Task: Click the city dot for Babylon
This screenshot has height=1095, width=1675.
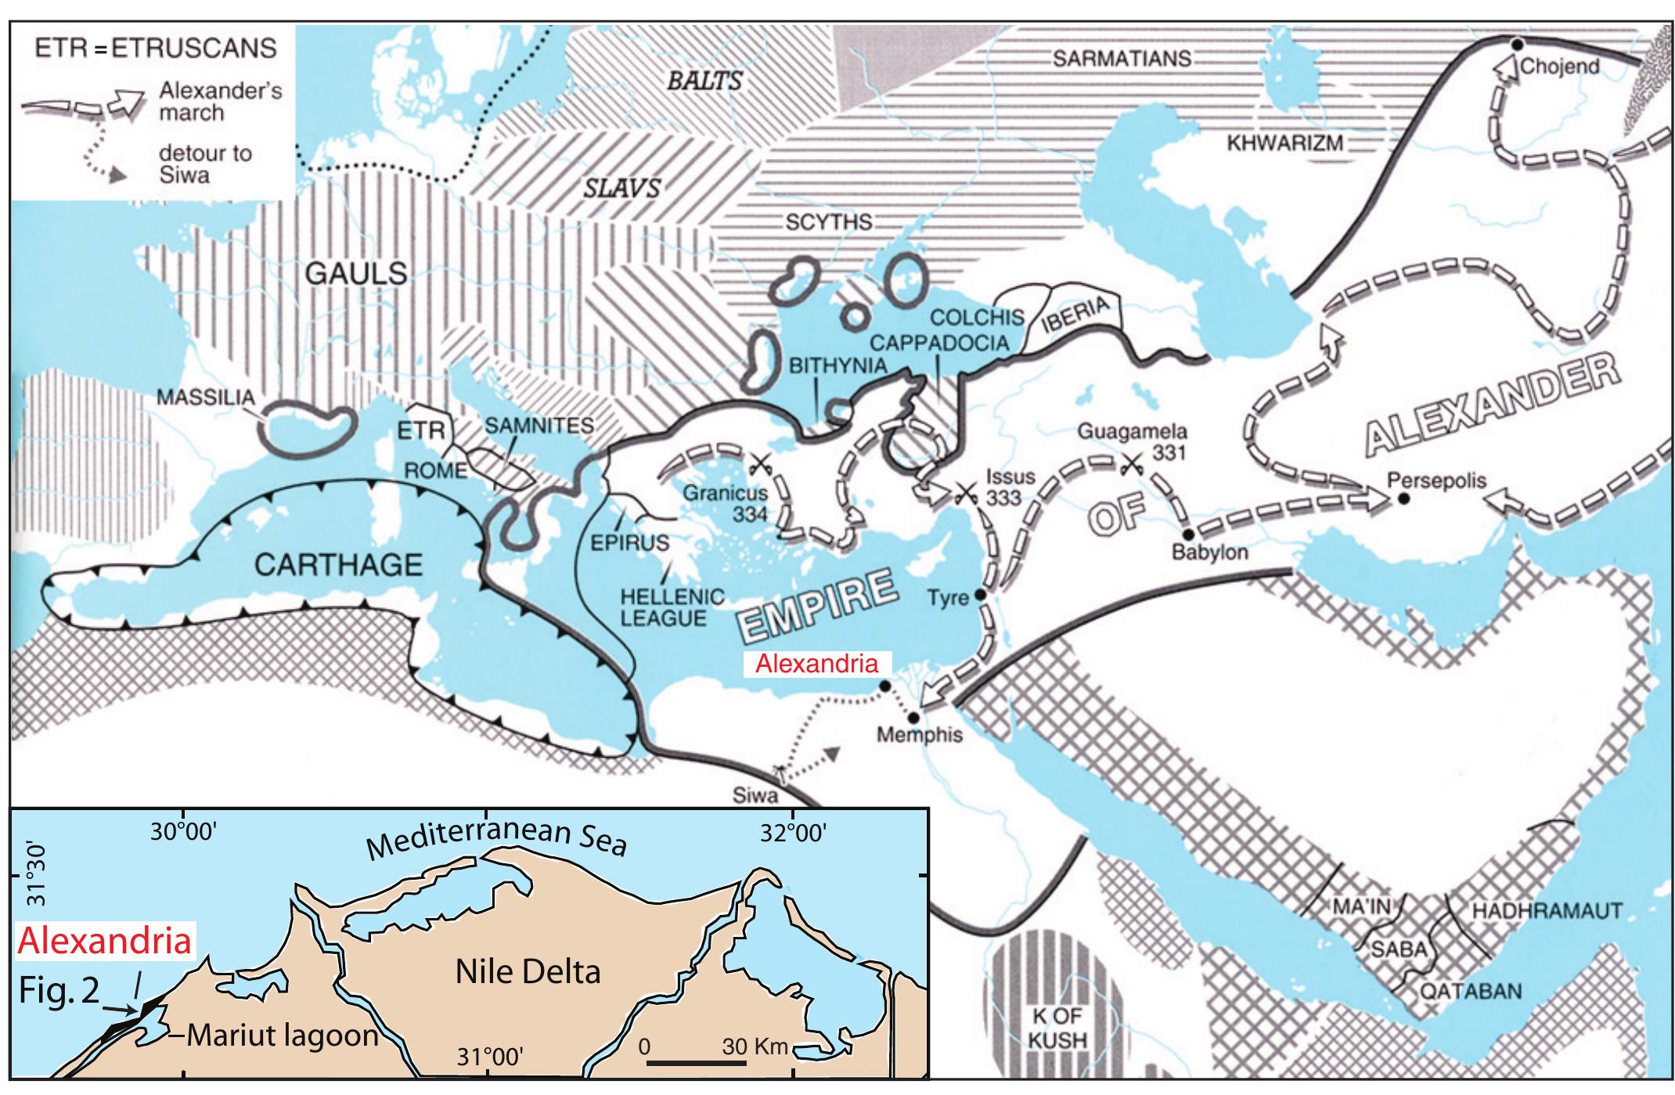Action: (x=1187, y=535)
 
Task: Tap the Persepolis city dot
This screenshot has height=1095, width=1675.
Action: (x=1404, y=498)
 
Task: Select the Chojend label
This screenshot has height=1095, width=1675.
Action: (x=1559, y=67)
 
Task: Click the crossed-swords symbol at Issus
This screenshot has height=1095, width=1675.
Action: (x=964, y=492)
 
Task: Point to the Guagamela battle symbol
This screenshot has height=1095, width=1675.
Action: (x=1130, y=465)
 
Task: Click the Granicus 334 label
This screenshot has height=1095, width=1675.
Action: (x=726, y=504)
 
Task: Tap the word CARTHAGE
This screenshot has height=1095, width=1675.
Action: (x=339, y=564)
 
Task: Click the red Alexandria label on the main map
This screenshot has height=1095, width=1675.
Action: (x=816, y=665)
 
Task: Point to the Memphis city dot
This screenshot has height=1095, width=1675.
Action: (x=913, y=718)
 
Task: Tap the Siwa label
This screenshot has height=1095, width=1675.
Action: (x=755, y=796)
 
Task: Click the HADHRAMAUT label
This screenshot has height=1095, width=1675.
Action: (x=1547, y=911)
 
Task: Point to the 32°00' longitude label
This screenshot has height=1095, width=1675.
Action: (x=792, y=833)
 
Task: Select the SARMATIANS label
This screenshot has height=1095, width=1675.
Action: (x=1122, y=59)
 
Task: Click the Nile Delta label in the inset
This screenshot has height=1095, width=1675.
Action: (x=528, y=972)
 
